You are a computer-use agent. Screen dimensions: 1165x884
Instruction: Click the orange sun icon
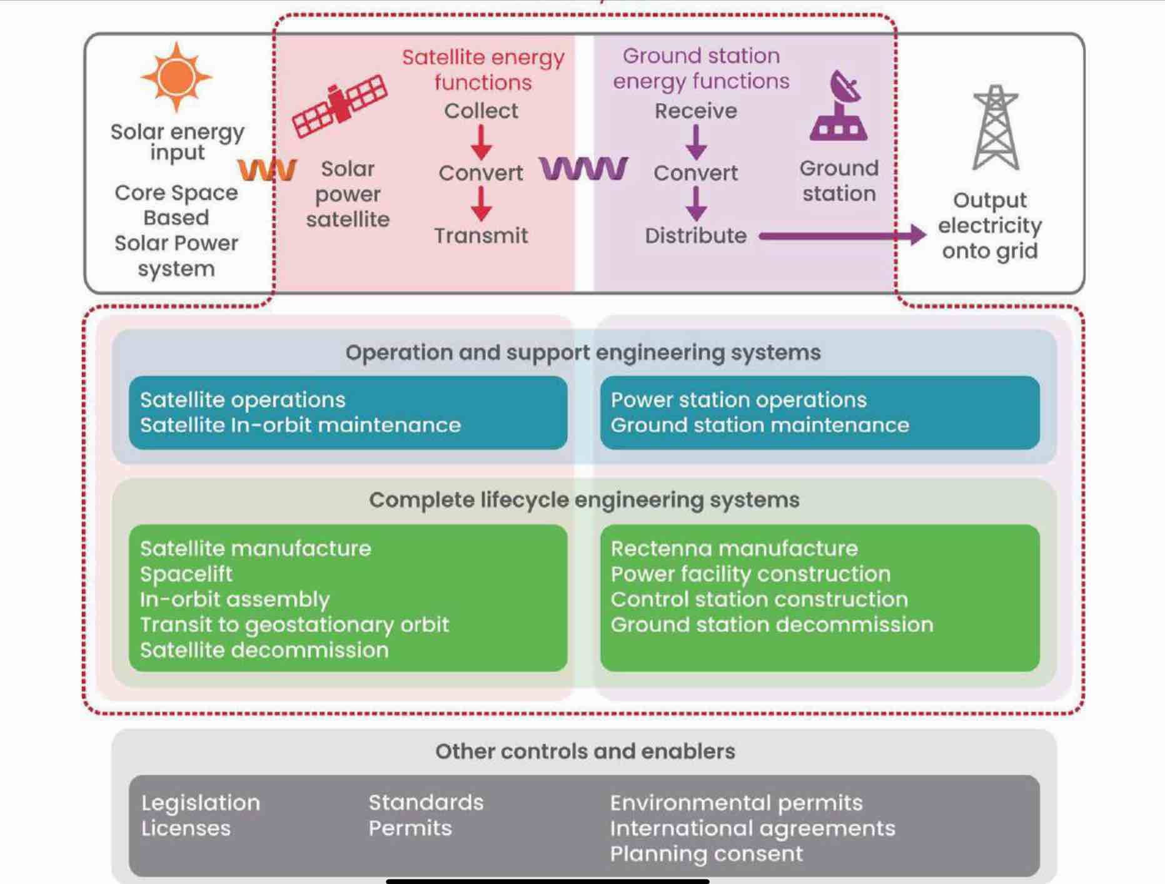[176, 77]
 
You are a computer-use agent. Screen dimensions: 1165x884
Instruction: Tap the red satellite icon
[340, 105]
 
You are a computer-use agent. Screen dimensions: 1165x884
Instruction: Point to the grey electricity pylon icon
[996, 128]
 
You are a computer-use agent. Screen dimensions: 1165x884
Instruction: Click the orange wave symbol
[267, 170]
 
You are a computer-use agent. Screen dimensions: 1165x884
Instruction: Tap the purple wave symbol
[583, 168]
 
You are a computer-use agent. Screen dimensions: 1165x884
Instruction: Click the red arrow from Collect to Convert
[481, 142]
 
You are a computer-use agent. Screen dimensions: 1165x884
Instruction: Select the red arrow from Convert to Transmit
[481, 203]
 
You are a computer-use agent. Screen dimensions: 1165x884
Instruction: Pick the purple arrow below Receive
[696, 142]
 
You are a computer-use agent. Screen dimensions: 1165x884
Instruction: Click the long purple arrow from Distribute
[842, 235]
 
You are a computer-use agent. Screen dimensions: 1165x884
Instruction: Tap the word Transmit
[481, 236]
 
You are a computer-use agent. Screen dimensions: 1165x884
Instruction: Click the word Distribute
[696, 236]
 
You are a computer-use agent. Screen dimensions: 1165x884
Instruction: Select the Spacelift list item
[186, 574]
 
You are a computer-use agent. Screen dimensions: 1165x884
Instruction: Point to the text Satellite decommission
[265, 650]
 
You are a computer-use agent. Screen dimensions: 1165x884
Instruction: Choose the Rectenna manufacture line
[734, 549]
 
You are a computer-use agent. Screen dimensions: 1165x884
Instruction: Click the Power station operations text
[739, 400]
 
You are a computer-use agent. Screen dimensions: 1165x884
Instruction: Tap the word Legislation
[201, 803]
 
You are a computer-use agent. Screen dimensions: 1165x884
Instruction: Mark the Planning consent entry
[707, 854]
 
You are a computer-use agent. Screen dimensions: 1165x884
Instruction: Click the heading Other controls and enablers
[585, 751]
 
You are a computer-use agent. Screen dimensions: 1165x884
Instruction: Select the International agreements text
[753, 829]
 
